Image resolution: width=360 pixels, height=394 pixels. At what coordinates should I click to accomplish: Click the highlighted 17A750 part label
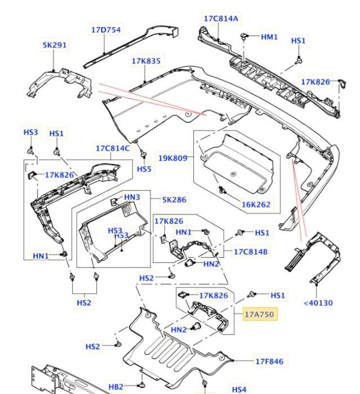(260, 314)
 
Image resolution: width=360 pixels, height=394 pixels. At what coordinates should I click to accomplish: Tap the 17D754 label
(106, 30)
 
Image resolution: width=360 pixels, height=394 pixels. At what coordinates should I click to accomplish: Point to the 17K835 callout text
(146, 60)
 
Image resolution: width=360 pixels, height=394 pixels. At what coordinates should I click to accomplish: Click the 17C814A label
(221, 19)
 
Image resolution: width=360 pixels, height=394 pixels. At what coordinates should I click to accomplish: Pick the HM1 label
(269, 37)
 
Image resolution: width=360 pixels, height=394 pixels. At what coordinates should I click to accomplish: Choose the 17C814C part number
(112, 149)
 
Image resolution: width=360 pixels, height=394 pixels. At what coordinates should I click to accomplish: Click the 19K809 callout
(172, 158)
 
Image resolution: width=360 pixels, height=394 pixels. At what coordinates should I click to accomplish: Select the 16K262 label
(256, 205)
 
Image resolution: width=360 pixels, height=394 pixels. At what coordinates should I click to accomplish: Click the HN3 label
(132, 197)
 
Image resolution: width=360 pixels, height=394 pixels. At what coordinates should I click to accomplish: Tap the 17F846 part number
(269, 362)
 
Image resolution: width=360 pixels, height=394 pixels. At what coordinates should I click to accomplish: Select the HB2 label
(115, 387)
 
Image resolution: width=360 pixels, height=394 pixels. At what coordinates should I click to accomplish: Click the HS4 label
(239, 389)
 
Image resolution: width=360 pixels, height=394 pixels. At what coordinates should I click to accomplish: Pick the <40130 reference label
(318, 302)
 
